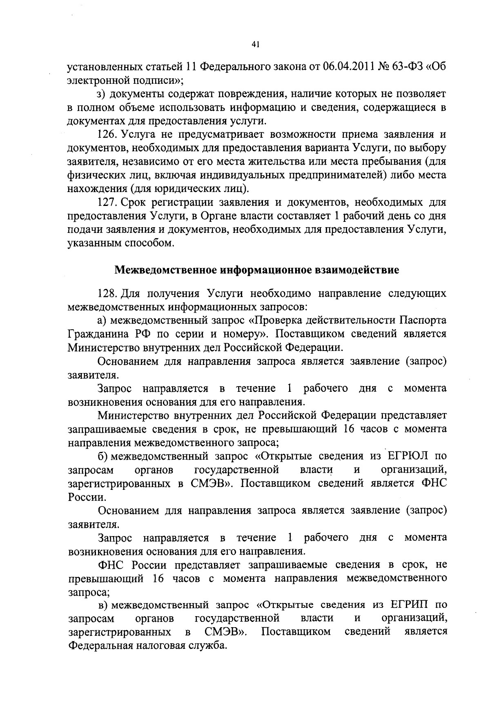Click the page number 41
[x=256, y=45]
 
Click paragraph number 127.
[x=107, y=202]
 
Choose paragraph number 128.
[x=107, y=293]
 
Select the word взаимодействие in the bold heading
[x=354, y=270]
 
